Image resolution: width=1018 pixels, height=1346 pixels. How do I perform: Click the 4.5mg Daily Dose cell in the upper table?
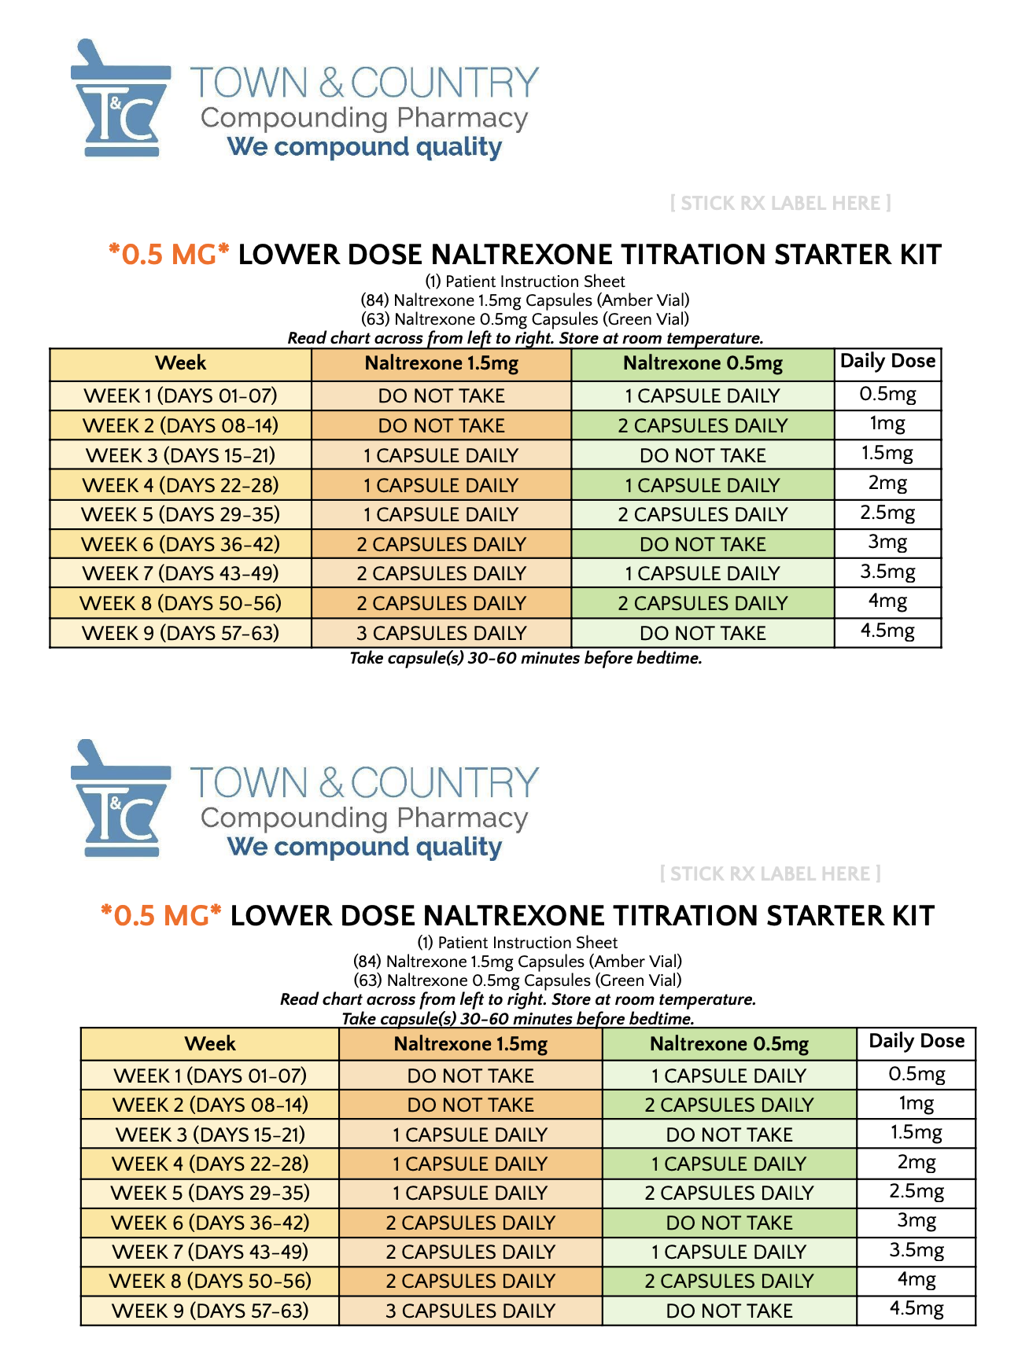[887, 631]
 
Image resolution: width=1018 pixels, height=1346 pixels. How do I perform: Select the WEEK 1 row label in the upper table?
[180, 395]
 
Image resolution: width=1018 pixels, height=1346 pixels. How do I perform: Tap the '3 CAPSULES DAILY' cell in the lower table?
[470, 1311]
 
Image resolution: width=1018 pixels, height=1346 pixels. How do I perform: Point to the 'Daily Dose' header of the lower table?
[916, 1042]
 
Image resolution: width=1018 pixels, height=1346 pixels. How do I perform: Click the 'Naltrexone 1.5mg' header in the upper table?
[441, 363]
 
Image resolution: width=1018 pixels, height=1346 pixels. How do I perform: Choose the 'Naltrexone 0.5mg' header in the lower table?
[728, 1044]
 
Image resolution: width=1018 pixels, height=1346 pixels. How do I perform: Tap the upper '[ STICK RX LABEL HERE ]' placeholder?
[780, 204]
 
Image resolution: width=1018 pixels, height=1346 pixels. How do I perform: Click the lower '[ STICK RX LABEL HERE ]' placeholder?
[770, 874]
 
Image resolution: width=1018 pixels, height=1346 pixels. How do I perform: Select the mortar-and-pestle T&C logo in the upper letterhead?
[120, 98]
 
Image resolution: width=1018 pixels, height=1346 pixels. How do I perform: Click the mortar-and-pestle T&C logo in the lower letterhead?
[120, 798]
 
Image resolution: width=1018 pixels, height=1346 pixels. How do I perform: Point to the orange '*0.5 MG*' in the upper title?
[169, 255]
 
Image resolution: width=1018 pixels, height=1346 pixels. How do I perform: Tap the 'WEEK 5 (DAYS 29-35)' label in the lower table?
[210, 1193]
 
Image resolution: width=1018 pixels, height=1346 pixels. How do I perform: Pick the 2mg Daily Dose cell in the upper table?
[887, 484]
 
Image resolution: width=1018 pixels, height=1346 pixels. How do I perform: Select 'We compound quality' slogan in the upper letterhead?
[364, 147]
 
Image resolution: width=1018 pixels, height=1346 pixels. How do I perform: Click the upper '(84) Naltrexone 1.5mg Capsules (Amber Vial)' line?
[525, 300]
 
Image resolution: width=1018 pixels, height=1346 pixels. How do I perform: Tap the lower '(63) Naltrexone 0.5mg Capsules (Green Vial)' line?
[517, 980]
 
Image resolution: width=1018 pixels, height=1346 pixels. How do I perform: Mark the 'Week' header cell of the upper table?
[180, 363]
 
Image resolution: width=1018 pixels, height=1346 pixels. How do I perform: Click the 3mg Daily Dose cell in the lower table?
[916, 1221]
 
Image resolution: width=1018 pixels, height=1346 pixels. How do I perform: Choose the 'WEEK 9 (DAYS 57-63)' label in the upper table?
[180, 633]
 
